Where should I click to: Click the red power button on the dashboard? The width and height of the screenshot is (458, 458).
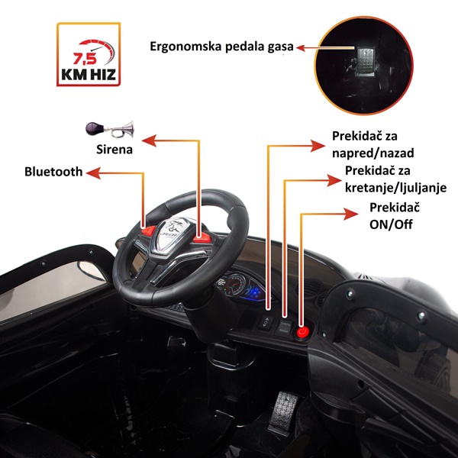pyautogui.click(x=302, y=332)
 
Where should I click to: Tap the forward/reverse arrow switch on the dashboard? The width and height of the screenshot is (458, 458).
pyautogui.click(x=266, y=323)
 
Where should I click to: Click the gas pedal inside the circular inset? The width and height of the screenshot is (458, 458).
pyautogui.click(x=364, y=61)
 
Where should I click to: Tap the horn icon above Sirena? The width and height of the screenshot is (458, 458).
pyautogui.click(x=110, y=130)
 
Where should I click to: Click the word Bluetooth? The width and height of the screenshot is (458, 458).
pyautogui.click(x=53, y=172)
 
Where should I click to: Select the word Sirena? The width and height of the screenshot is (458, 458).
pyautogui.click(x=114, y=150)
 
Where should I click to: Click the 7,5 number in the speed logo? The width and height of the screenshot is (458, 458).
pyautogui.click(x=85, y=59)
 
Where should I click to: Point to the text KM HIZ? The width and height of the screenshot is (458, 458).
pyautogui.click(x=89, y=75)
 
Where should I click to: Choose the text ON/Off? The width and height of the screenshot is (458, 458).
pyautogui.click(x=391, y=224)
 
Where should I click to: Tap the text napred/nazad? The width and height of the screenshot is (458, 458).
pyautogui.click(x=373, y=153)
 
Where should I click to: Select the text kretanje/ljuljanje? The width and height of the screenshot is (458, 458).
pyautogui.click(x=395, y=188)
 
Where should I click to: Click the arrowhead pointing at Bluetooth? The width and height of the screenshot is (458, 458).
pyautogui.click(x=93, y=173)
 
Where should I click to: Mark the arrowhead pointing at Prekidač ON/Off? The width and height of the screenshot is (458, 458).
pyautogui.click(x=351, y=214)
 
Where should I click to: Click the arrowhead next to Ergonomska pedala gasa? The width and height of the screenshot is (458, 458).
pyautogui.click(x=301, y=47)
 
